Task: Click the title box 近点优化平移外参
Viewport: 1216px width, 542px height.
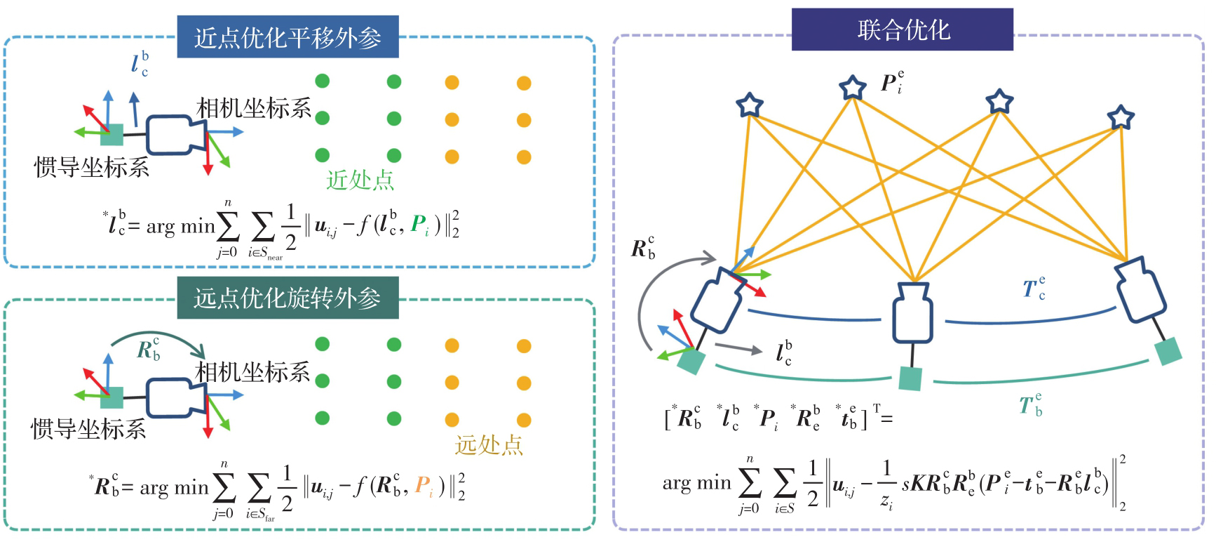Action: [288, 37]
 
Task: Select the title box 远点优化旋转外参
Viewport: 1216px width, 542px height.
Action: [288, 298]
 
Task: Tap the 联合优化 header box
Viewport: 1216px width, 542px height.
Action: [903, 29]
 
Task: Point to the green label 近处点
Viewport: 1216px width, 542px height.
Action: [360, 180]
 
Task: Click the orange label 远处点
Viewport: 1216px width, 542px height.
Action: [489, 444]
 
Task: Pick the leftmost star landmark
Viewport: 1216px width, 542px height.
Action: [750, 105]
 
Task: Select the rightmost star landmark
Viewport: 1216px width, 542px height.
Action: [1121, 117]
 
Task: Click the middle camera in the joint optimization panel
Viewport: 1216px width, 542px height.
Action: [912, 312]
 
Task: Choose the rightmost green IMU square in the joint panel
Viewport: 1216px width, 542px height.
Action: [1168, 351]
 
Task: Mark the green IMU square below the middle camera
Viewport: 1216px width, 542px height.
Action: [910, 378]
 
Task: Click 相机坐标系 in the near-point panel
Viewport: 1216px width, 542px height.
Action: [254, 108]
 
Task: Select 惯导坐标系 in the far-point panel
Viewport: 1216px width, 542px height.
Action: [88, 428]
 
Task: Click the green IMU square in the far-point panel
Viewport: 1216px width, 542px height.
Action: [112, 397]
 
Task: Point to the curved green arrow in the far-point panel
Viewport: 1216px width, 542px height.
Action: [158, 338]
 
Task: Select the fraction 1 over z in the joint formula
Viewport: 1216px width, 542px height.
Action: [886, 484]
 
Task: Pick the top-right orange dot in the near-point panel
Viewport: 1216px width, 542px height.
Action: [524, 84]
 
